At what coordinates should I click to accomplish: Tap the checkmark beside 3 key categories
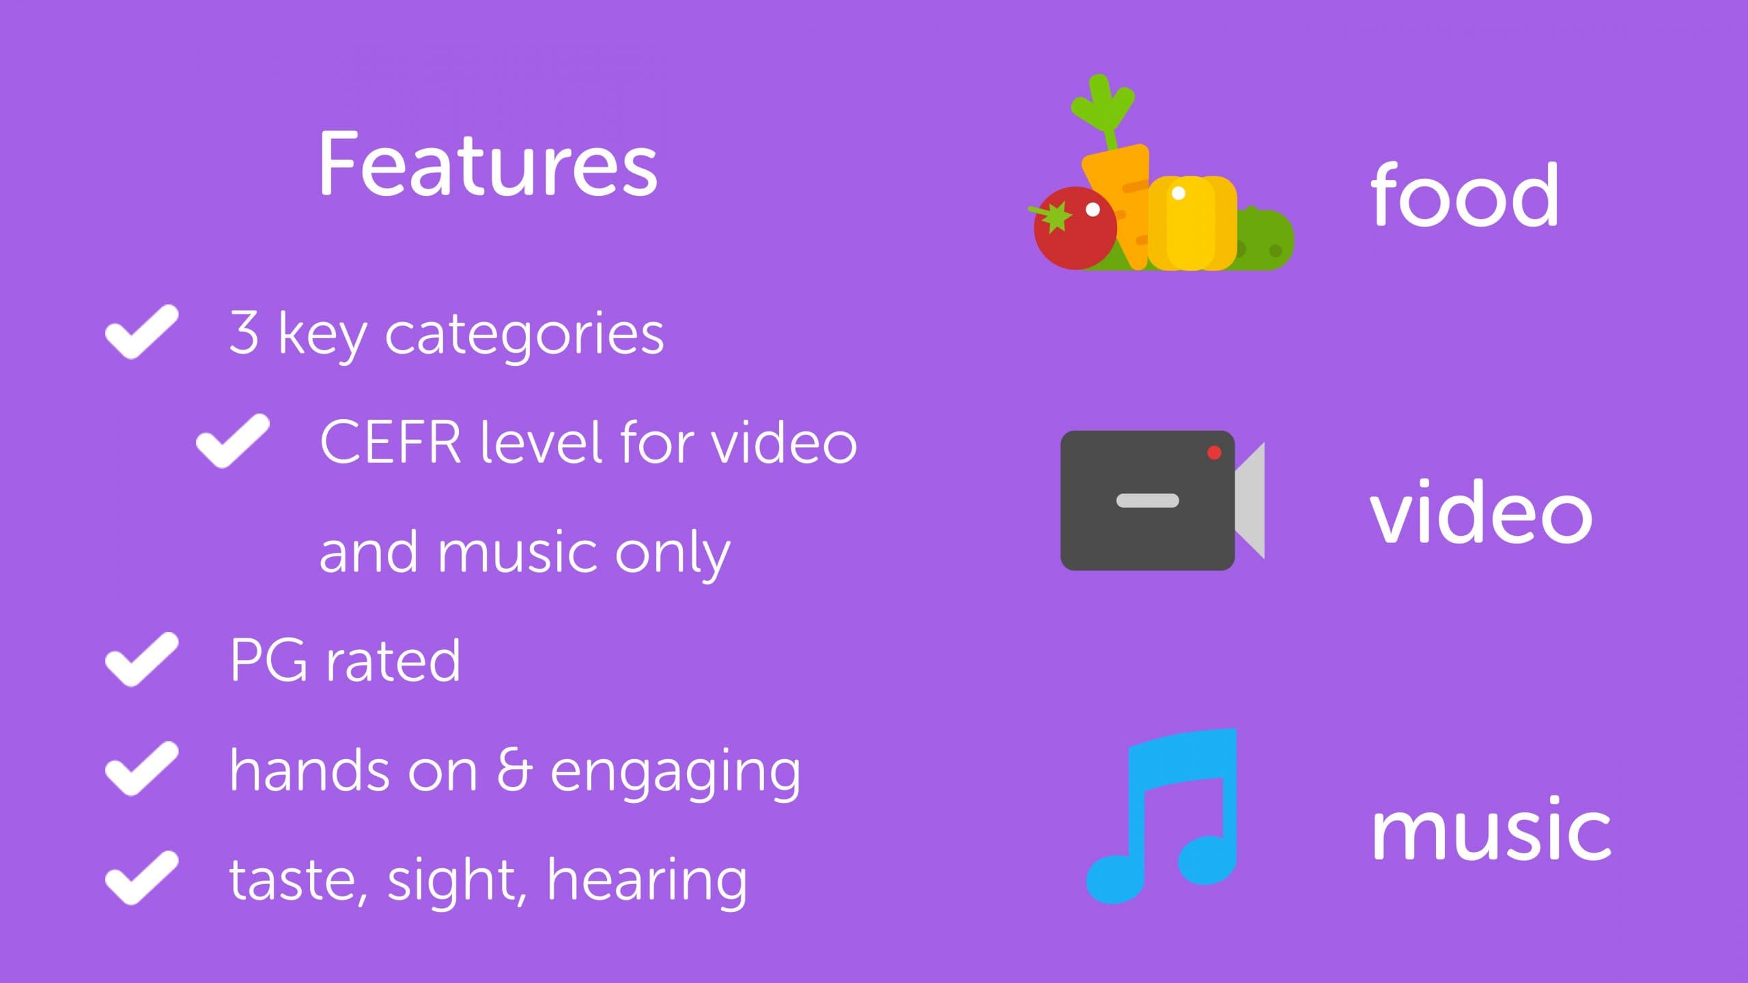pos(141,332)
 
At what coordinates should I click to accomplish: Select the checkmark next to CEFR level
pos(232,441)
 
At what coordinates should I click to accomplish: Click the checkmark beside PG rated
pos(141,659)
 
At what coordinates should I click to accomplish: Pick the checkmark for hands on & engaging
pos(141,769)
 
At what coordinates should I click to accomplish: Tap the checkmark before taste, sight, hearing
pos(141,879)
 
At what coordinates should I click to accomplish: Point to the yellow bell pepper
pos(1192,223)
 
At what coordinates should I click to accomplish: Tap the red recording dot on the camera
pos(1214,453)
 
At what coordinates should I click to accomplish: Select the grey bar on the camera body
pos(1147,500)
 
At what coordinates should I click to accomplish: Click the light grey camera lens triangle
pos(1250,500)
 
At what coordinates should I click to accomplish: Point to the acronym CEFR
pos(391,442)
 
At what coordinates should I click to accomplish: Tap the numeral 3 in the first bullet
pos(244,332)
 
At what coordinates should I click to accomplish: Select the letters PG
pos(269,660)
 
